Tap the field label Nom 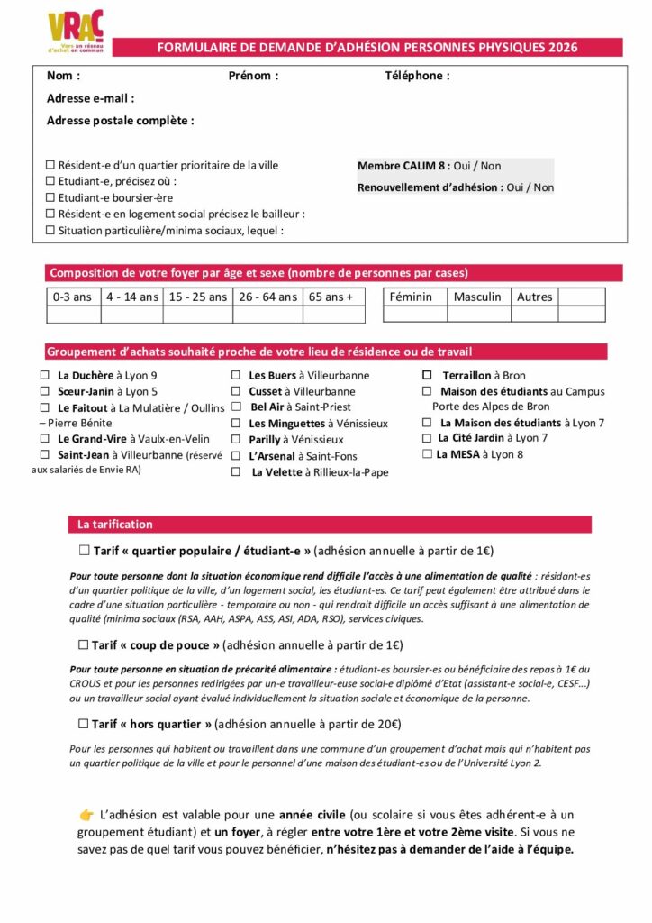(x=63, y=76)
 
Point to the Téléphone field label (x=417, y=76)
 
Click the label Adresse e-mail (x=90, y=98)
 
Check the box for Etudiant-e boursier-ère (x=50, y=197)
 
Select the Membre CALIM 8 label (x=403, y=166)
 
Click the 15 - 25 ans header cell (x=197, y=297)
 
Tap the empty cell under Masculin (x=478, y=314)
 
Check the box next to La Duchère (x=45, y=375)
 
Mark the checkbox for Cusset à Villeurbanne (x=236, y=391)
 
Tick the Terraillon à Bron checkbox (x=428, y=375)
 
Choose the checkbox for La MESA (x=428, y=454)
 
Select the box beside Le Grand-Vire (x=45, y=439)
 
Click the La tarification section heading (x=115, y=524)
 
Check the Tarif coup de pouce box (x=84, y=644)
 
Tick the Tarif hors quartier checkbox (x=84, y=723)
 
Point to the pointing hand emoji (x=86, y=815)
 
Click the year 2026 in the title (x=563, y=48)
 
